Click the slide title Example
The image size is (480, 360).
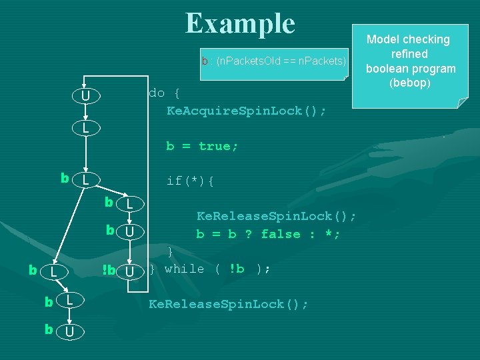point(240,24)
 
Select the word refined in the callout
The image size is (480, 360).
point(410,54)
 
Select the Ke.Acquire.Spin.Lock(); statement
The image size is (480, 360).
point(246,111)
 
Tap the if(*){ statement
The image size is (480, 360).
point(190,181)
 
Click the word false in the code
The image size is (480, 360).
point(281,234)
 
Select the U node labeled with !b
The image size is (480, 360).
point(130,272)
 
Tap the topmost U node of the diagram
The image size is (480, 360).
point(85,97)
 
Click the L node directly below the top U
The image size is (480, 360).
point(85,127)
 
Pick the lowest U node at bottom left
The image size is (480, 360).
point(73,331)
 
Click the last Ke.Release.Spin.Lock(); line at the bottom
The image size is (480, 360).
point(228,304)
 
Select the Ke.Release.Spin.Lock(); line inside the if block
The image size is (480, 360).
point(276,216)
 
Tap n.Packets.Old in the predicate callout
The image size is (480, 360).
point(249,61)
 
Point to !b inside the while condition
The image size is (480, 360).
point(237,269)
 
